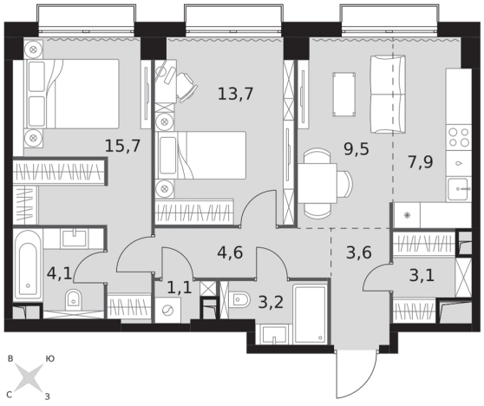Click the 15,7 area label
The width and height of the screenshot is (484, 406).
point(122,146)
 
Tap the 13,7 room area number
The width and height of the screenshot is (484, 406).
point(236,94)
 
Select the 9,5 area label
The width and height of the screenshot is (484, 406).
point(356,149)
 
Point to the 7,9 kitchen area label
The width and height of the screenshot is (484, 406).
point(421,162)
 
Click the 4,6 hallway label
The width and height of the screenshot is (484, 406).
point(230,252)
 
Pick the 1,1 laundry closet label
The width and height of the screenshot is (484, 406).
point(180,288)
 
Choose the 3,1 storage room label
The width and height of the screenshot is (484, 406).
point(422,275)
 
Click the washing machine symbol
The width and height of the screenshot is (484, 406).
point(167,310)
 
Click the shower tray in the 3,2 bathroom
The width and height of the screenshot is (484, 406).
point(310,314)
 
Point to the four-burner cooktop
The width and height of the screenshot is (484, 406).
point(459,137)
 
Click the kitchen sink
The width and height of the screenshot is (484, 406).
point(460,188)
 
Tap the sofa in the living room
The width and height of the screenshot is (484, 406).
point(388,95)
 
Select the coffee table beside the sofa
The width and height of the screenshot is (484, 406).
point(343,95)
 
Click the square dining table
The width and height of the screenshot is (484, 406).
point(317,183)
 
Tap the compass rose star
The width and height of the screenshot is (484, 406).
point(29,377)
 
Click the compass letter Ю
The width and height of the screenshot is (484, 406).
point(50,359)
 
